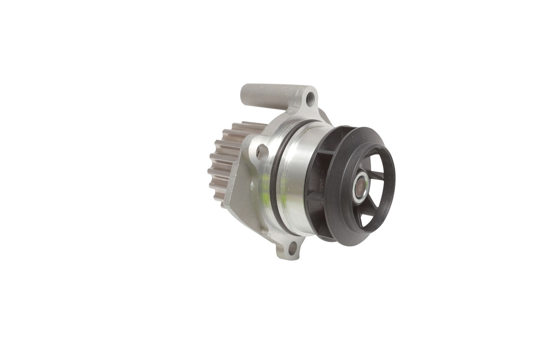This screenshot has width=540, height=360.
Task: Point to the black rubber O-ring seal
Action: (x=277, y=173)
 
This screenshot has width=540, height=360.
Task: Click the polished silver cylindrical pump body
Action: (x=298, y=180)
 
